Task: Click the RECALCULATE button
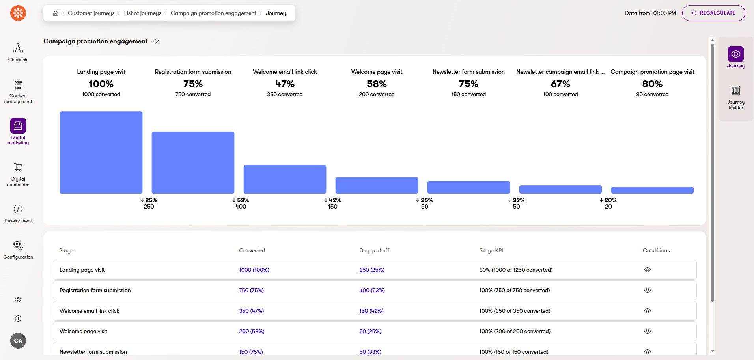pyautogui.click(x=713, y=13)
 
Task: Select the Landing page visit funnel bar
pyautogui.click(x=101, y=152)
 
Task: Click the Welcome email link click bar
pyautogui.click(x=285, y=179)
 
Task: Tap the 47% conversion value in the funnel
pyautogui.click(x=285, y=84)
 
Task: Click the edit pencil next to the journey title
pyautogui.click(x=156, y=42)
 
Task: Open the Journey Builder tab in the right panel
pyautogui.click(x=735, y=97)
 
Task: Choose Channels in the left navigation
pyautogui.click(x=18, y=52)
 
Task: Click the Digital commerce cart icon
pyautogui.click(x=18, y=167)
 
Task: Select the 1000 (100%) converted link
pyautogui.click(x=254, y=270)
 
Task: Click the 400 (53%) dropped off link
pyautogui.click(x=372, y=290)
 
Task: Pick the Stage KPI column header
pyautogui.click(x=491, y=250)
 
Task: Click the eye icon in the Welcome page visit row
pyautogui.click(x=647, y=331)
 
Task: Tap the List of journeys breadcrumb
pyautogui.click(x=142, y=13)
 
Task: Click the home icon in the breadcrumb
pyautogui.click(x=56, y=13)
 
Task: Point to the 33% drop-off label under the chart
pyautogui.click(x=517, y=200)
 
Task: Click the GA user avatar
pyautogui.click(x=18, y=341)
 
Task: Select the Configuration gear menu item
pyautogui.click(x=18, y=250)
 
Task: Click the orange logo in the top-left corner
pyautogui.click(x=18, y=13)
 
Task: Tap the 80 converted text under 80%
pyautogui.click(x=652, y=94)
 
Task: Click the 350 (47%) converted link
pyautogui.click(x=251, y=311)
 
